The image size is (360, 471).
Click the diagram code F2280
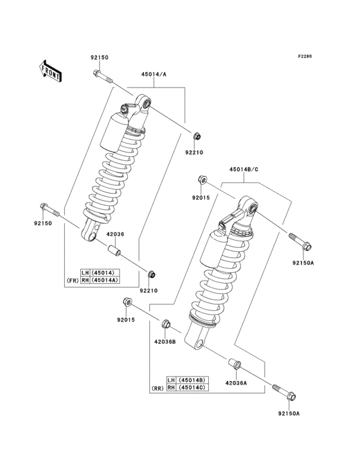point(304,57)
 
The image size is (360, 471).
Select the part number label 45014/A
point(154,74)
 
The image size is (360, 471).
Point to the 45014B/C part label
point(242,170)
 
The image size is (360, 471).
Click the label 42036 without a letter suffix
point(115,235)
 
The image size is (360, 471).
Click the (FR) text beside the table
point(73,280)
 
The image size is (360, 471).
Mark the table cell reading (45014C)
point(191,388)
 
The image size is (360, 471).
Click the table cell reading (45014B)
point(191,380)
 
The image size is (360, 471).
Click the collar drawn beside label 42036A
point(235,366)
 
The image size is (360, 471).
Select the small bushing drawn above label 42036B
point(165,323)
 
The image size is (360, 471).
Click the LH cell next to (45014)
point(85,272)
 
